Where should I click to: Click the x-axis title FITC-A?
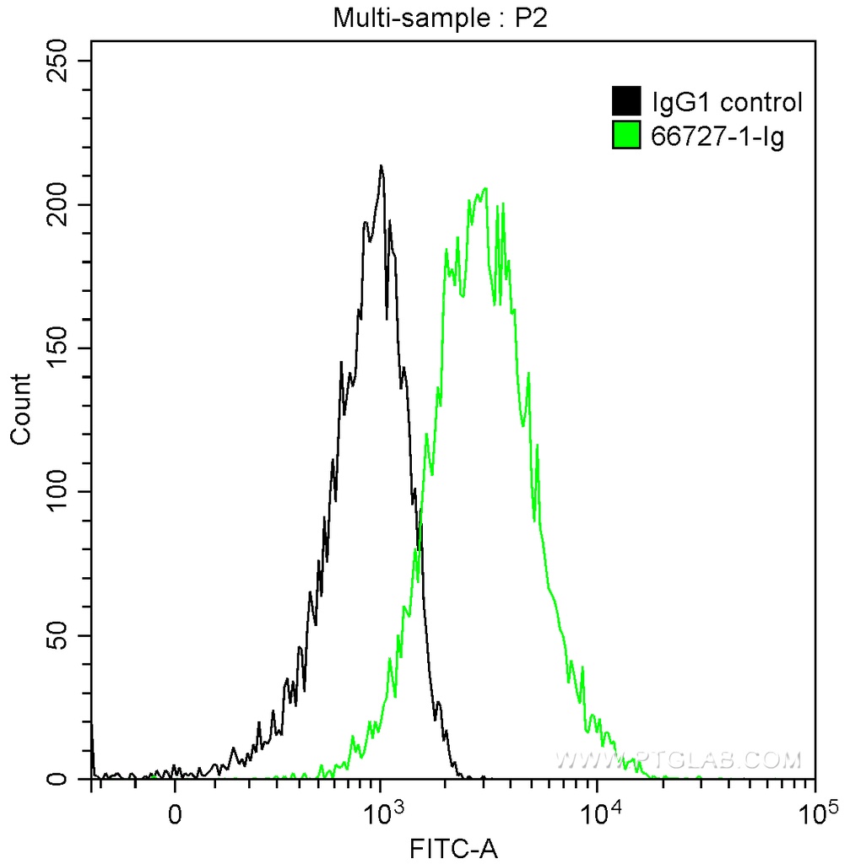[x=452, y=848]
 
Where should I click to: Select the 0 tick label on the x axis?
[x=175, y=815]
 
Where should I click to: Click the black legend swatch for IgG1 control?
[x=625, y=102]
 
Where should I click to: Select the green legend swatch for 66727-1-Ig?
[x=625, y=135]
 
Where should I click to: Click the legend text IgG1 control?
[x=726, y=103]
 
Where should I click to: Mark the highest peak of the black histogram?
[x=382, y=166]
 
